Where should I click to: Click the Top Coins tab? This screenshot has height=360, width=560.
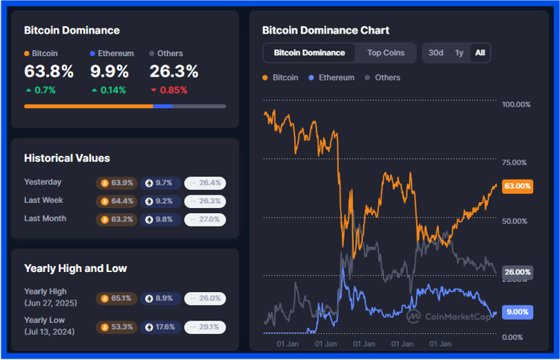coord(386,53)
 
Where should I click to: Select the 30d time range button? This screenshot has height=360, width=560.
coord(436,53)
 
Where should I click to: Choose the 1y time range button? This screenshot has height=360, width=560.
coord(459,53)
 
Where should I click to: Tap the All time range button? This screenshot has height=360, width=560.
coord(480,53)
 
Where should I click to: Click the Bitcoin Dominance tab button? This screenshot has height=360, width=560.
coord(309,53)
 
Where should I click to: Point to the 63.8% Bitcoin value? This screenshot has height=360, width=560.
coord(49,72)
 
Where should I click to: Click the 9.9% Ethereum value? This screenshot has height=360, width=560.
coord(109,72)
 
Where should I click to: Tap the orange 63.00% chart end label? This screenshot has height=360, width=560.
coord(517,186)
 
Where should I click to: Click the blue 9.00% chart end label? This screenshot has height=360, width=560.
coord(517,312)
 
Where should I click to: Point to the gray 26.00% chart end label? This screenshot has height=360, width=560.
coord(517,273)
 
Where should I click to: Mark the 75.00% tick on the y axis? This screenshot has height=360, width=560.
coord(516,162)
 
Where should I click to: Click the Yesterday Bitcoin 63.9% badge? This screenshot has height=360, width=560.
coord(116,183)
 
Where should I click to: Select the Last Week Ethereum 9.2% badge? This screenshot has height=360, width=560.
coord(160,200)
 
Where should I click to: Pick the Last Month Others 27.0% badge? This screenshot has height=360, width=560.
coord(205,219)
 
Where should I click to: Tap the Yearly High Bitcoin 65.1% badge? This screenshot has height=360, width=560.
coord(116,298)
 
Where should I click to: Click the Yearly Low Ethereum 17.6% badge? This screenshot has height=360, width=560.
coord(160,326)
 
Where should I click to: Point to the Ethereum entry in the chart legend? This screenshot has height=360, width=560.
coord(331,78)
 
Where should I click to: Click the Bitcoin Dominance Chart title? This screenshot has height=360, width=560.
coord(325,31)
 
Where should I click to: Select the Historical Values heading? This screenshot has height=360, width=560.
coord(67,158)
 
